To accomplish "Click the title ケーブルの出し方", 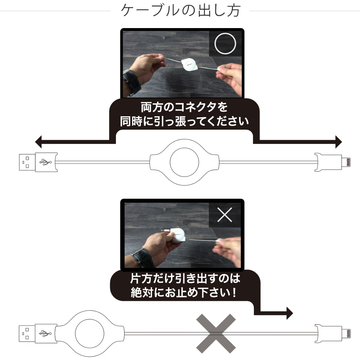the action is click(x=181, y=10).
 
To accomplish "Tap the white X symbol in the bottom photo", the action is click(x=225, y=215).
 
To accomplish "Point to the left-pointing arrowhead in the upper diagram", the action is click(x=39, y=141).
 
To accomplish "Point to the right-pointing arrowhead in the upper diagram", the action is click(x=339, y=141).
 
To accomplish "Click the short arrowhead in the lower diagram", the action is click(x=290, y=313).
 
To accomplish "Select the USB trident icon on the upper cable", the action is click(x=45, y=162).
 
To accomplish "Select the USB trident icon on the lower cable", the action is click(x=45, y=333).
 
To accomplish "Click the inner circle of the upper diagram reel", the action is click(x=184, y=148).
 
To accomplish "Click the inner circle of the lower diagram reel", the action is click(x=90, y=319).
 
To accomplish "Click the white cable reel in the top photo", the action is click(x=189, y=66).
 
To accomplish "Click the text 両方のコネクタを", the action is click(x=184, y=107).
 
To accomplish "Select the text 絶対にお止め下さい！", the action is click(x=184, y=292).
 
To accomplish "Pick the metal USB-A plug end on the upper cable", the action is click(x=27, y=162).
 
